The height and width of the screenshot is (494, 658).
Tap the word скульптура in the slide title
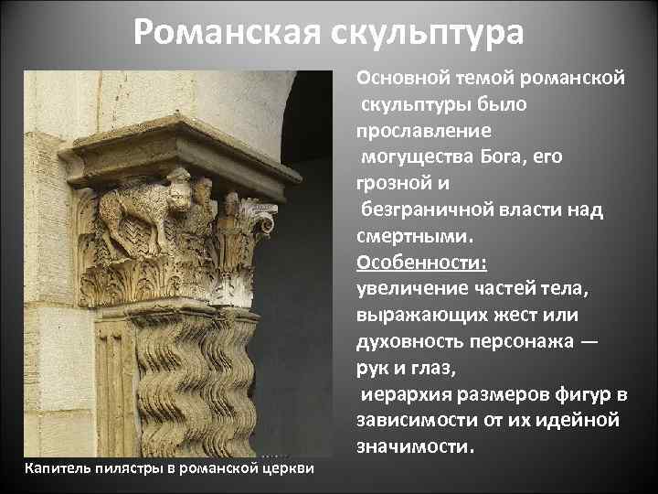(x=430, y=33)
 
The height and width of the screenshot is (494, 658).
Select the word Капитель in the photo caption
(x=56, y=469)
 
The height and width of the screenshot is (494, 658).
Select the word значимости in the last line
(x=414, y=448)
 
